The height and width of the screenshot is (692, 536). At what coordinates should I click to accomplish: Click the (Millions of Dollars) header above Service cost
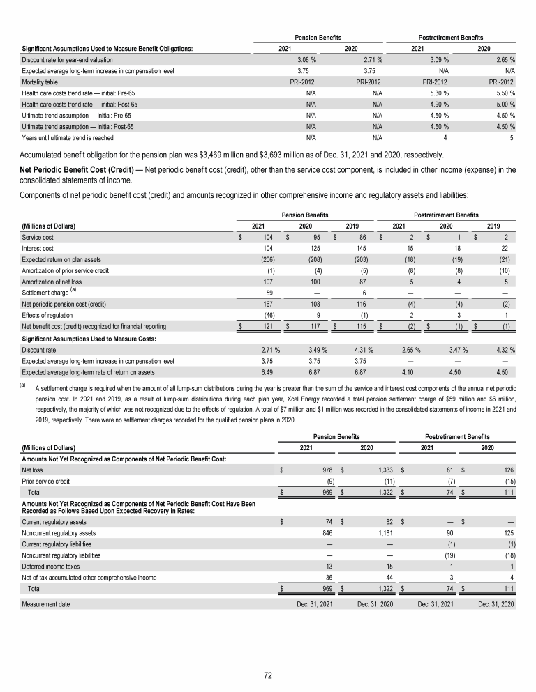(48, 226)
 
